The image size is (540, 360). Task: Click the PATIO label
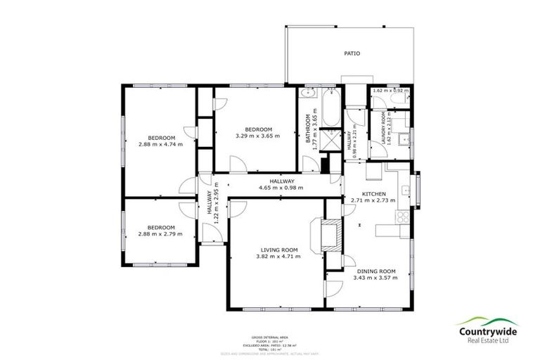click(352, 53)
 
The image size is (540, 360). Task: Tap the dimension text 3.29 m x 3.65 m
click(254, 136)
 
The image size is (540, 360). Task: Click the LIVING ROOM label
click(279, 250)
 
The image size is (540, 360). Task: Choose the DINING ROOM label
click(375, 271)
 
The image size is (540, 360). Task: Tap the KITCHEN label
click(373, 193)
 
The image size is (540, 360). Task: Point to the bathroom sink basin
click(307, 94)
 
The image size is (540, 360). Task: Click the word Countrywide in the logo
click(489, 332)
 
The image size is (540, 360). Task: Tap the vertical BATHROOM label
click(307, 129)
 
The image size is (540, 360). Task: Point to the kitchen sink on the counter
click(406, 191)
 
